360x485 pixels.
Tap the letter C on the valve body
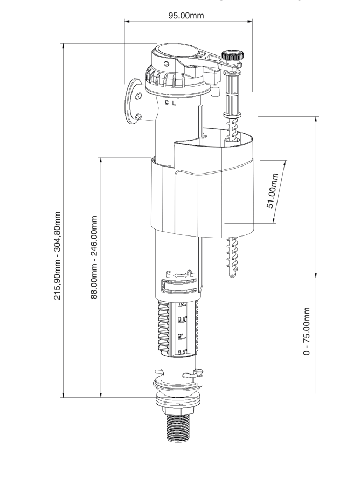(167, 102)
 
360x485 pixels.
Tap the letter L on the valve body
(175, 102)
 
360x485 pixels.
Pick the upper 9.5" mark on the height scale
(182, 320)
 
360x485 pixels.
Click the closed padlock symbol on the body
(169, 274)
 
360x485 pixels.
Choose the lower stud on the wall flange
(139, 115)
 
